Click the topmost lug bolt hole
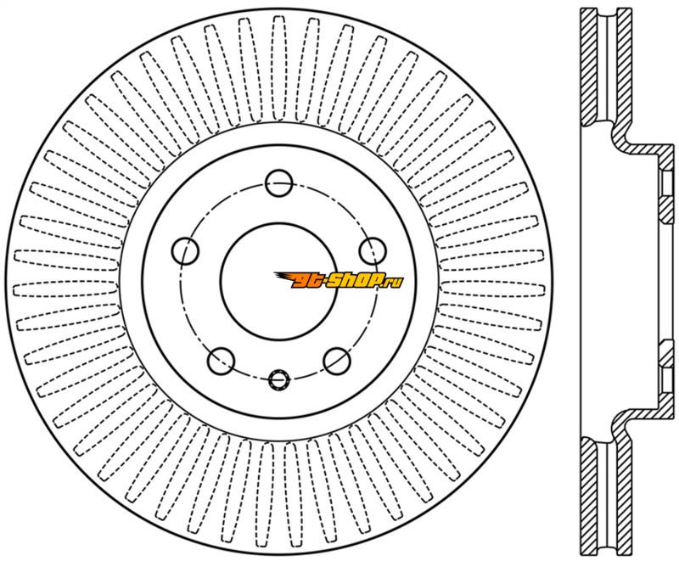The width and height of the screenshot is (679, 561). tap(279, 183)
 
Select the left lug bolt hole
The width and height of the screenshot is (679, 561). tap(185, 250)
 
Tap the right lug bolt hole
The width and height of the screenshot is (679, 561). tap(373, 250)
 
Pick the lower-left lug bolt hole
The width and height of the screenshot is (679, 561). tap(222, 361)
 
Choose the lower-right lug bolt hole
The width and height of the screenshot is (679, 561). tap(337, 361)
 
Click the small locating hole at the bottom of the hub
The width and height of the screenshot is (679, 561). tap(279, 379)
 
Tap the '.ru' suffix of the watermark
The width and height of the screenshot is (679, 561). tap(394, 283)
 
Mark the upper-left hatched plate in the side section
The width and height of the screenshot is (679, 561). tap(589, 67)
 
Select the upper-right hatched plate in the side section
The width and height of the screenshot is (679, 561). tap(624, 67)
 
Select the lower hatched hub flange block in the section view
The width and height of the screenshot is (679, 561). tap(667, 353)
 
